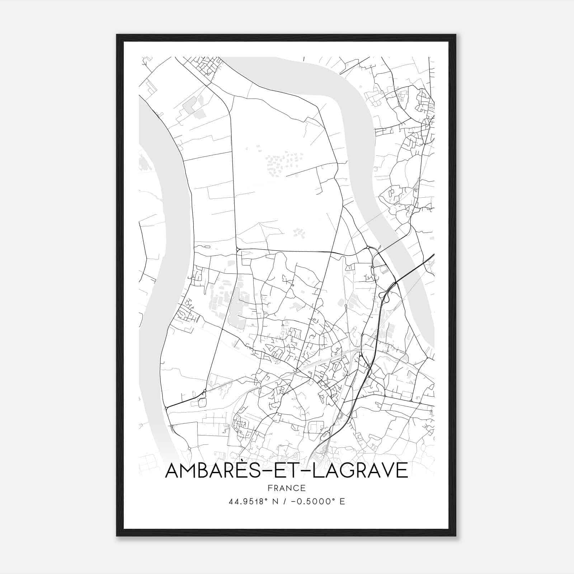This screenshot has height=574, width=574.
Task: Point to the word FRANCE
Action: (287, 488)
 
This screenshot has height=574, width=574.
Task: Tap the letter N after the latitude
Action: (276, 502)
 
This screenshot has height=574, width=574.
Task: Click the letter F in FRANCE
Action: (270, 488)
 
